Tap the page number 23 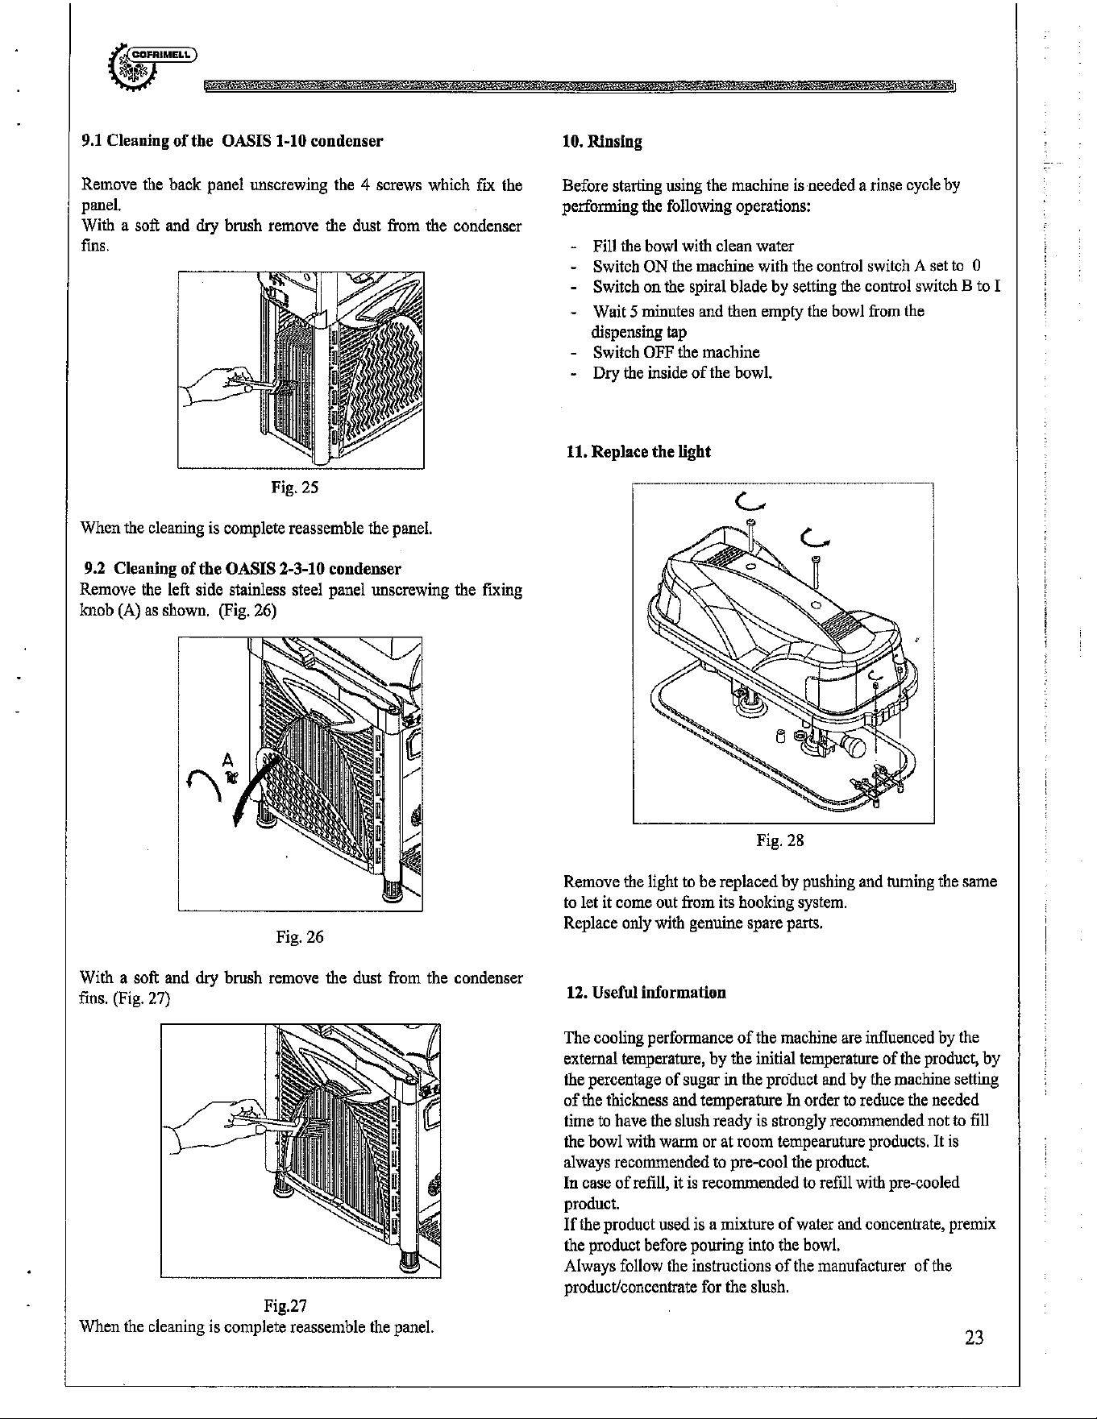(x=974, y=1339)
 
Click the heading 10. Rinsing (x=602, y=143)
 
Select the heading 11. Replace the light (x=638, y=451)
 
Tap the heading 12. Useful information (x=646, y=992)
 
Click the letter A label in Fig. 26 (x=227, y=759)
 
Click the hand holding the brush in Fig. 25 (x=218, y=388)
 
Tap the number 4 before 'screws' (x=365, y=186)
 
